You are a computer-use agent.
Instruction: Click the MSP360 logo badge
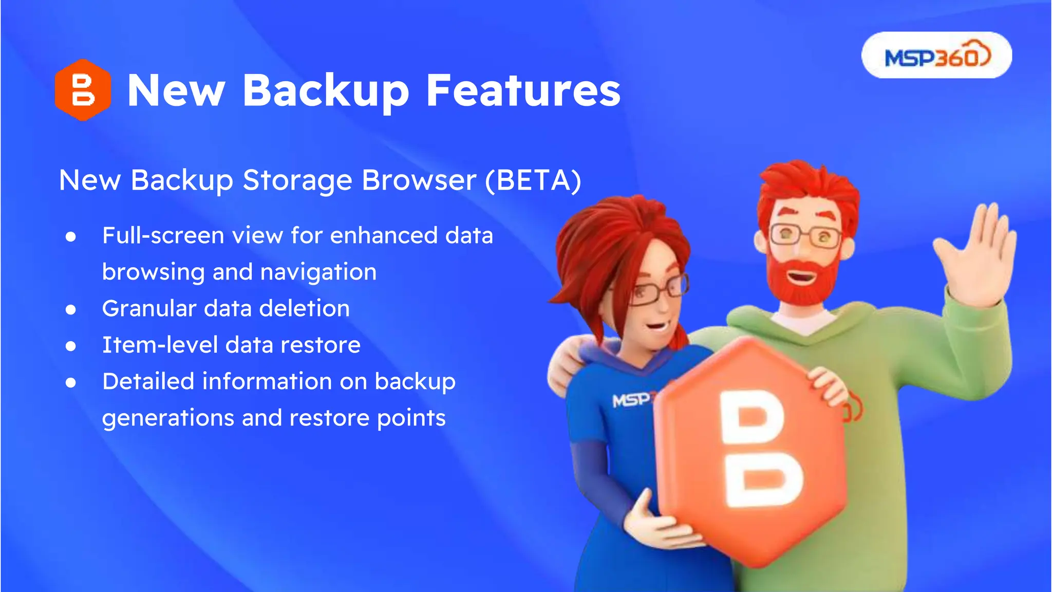(x=936, y=55)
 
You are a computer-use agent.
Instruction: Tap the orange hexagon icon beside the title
(x=83, y=90)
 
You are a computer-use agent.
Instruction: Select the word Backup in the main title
(x=326, y=91)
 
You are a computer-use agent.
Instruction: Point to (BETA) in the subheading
(x=533, y=180)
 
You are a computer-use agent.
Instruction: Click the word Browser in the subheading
(x=419, y=180)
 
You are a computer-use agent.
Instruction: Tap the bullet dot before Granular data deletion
(x=71, y=309)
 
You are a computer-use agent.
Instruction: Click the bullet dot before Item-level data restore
(x=71, y=346)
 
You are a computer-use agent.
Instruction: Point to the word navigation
(x=318, y=272)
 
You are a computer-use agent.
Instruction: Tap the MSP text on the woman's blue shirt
(x=630, y=399)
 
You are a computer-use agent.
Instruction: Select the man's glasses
(x=805, y=236)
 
